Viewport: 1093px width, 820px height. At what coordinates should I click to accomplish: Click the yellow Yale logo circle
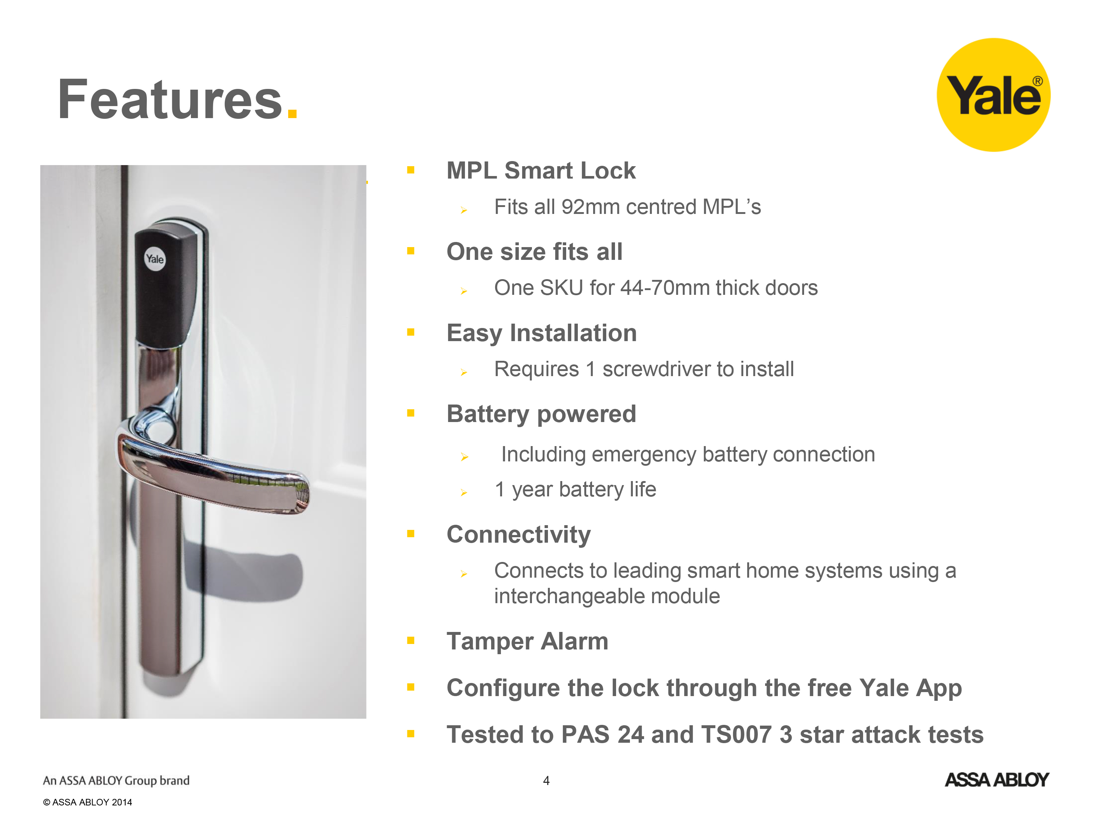tap(993, 95)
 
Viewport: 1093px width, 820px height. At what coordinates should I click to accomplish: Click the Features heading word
tap(170, 100)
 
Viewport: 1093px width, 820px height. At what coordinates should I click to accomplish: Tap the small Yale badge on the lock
tap(155, 258)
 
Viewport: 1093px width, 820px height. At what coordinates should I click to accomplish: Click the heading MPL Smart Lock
tap(541, 171)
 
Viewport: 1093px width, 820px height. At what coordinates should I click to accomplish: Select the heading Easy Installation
tap(541, 333)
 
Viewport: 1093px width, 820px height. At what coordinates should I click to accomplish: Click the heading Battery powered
tap(541, 414)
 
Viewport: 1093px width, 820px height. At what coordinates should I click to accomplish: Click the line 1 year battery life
tap(575, 490)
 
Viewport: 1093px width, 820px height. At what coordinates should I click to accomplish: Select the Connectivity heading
tap(518, 535)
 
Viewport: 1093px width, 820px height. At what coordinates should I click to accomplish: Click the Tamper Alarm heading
tap(527, 641)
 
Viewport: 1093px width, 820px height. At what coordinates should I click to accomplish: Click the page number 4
tap(546, 781)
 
